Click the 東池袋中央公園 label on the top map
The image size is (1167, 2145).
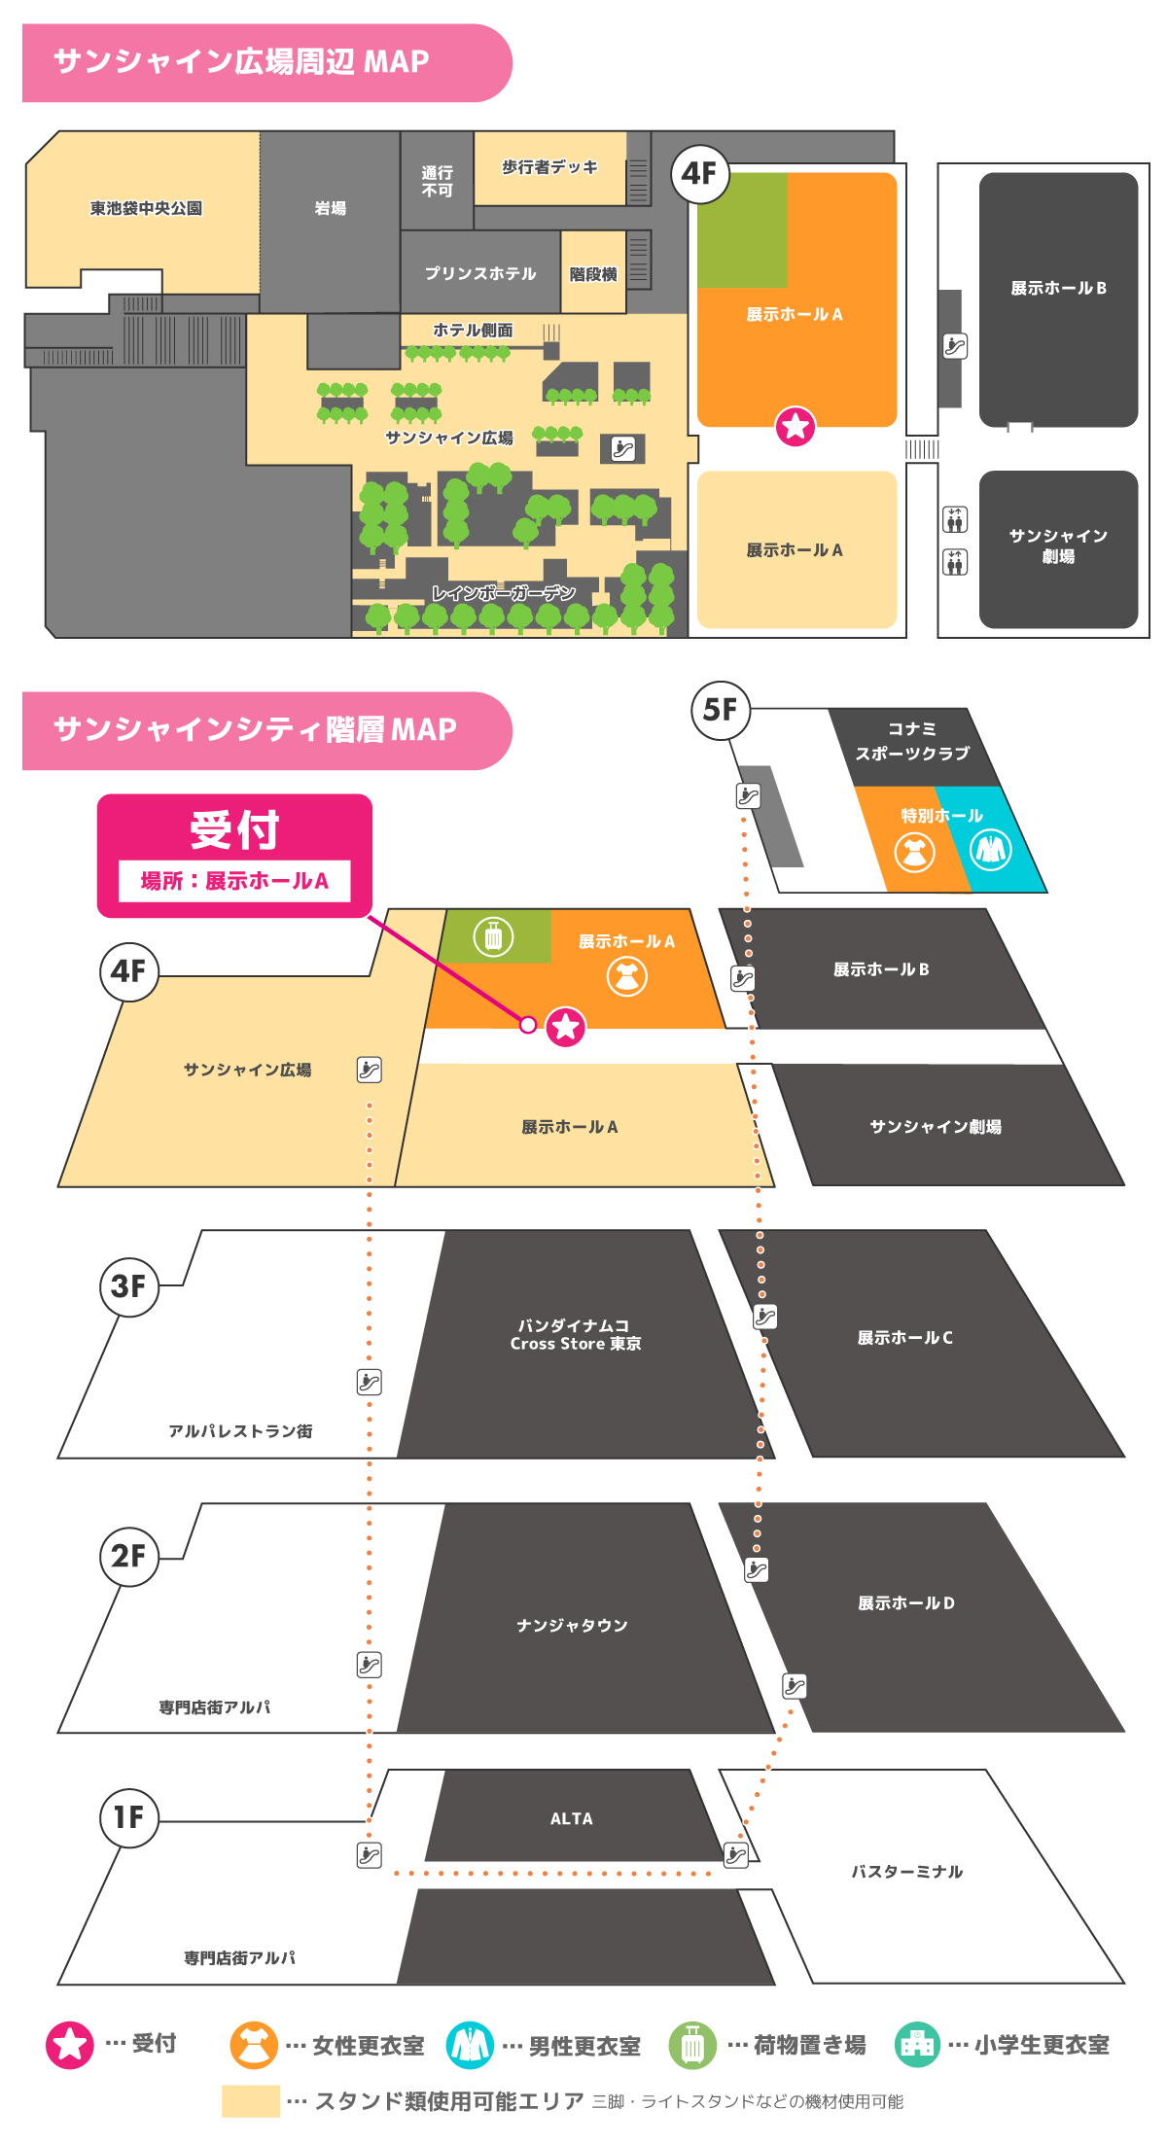coord(146,208)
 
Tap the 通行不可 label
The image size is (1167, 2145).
coord(437,181)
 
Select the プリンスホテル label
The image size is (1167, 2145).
coord(480,273)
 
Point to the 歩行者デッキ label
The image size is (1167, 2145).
coord(549,167)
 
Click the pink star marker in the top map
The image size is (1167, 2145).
coord(795,426)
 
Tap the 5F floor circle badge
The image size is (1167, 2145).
coord(720,710)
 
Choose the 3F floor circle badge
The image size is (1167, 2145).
coord(128,1286)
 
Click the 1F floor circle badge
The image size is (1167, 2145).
coord(128,1816)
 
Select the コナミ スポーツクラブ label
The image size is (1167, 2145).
coord(912,741)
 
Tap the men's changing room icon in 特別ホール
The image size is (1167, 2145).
coord(991,850)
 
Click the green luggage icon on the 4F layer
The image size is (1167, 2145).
coord(493,937)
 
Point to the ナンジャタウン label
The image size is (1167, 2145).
coord(572,1625)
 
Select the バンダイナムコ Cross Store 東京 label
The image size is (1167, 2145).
coord(576,1334)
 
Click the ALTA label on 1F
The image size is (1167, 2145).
coord(571,1818)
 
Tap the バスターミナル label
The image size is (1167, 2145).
coord(906,1871)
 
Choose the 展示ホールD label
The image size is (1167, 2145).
coord(905,1602)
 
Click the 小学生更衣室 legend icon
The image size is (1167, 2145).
coord(917,2044)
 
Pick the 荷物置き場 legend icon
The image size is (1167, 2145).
coord(692,2044)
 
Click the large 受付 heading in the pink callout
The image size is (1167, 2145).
coord(234,830)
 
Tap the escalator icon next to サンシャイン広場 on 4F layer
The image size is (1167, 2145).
coord(370,1070)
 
